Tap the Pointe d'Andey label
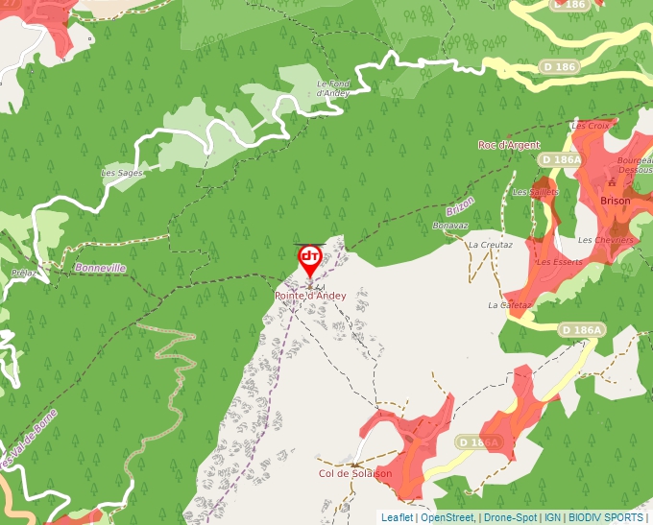pos(309,296)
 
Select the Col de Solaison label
pos(355,473)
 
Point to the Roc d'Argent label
pos(508,145)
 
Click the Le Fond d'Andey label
pos(332,88)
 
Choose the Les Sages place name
pos(122,173)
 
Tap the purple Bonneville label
pos(100,268)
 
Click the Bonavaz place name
pos(450,226)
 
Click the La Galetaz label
pos(509,305)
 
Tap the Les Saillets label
pos(535,192)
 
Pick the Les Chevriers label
pos(606,239)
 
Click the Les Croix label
pos(590,126)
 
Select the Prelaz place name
pos(25,273)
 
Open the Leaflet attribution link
pos(397,517)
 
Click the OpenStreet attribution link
pos(448,517)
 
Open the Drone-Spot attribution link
pos(511,517)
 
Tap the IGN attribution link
pos(552,517)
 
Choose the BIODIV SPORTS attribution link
pos(606,517)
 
